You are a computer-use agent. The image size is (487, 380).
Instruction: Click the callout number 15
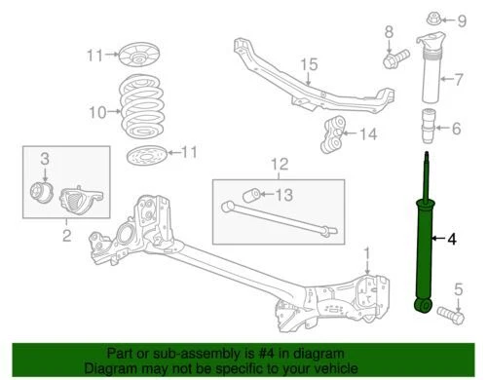309,64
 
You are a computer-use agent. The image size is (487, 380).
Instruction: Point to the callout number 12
281,164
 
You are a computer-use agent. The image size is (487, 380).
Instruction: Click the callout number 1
367,255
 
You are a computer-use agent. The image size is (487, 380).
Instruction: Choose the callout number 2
65,234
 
